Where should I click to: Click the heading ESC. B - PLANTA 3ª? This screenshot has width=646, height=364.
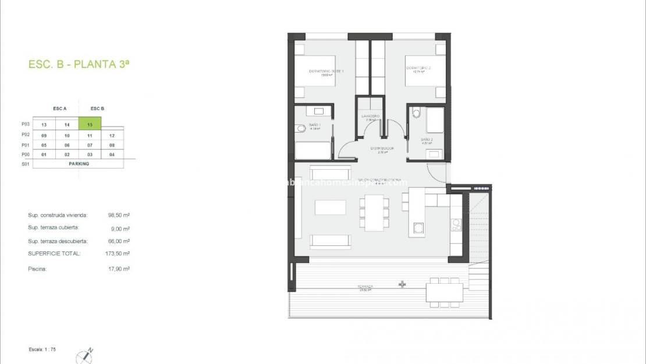coord(79,65)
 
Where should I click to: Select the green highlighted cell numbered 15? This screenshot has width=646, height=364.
coord(90,124)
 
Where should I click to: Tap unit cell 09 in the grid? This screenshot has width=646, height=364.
coord(44,135)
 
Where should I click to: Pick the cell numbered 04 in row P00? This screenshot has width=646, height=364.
coord(112,154)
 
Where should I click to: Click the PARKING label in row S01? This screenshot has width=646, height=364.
coord(78,163)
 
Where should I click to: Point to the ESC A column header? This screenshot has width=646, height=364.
coord(60,109)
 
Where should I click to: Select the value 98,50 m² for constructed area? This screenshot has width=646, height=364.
coord(119,215)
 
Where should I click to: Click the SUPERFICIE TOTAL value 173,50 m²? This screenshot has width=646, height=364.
coord(119,254)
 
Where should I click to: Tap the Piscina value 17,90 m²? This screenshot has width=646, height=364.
coord(119,269)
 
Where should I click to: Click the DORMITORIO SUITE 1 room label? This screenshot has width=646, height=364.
coord(326,72)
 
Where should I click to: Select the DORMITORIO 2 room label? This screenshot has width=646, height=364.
coord(418,69)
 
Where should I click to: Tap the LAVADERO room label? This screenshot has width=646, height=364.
coord(370,116)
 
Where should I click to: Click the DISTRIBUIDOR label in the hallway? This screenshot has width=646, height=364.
coord(382,149)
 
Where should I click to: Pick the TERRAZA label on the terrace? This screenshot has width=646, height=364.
coord(365,286)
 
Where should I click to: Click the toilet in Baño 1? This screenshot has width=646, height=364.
coord(300,129)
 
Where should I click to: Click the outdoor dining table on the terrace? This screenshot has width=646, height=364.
coord(445,291)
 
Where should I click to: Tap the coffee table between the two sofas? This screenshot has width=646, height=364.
coord(330,208)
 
